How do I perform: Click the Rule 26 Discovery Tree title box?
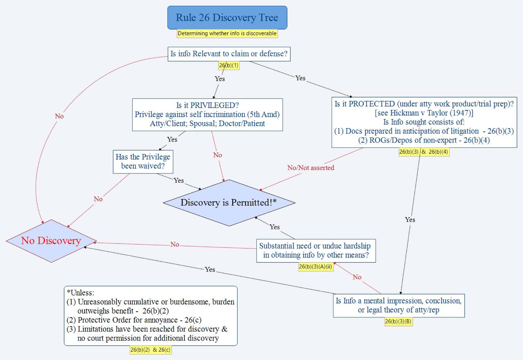tap(227, 18)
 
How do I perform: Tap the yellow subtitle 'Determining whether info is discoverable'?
tap(227, 33)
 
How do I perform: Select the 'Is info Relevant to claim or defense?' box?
tap(230, 54)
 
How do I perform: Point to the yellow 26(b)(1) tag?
tap(229, 65)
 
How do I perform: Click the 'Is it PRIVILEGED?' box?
tap(207, 115)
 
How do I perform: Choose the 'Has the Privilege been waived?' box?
tap(142, 161)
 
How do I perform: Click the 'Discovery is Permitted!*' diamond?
tap(229, 203)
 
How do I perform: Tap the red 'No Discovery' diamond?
tap(51, 241)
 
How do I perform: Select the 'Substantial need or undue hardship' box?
tap(316, 251)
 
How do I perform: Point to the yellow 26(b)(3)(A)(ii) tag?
tap(316, 267)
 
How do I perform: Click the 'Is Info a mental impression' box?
tap(398, 306)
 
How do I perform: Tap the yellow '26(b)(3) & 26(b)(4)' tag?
tap(424, 152)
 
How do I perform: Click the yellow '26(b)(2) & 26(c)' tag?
tap(150, 350)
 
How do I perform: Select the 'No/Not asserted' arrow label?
tap(311, 167)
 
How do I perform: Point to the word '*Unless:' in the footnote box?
tap(80, 292)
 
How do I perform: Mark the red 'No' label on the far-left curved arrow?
tap(59, 116)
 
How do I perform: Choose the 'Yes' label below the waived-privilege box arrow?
tap(179, 180)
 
